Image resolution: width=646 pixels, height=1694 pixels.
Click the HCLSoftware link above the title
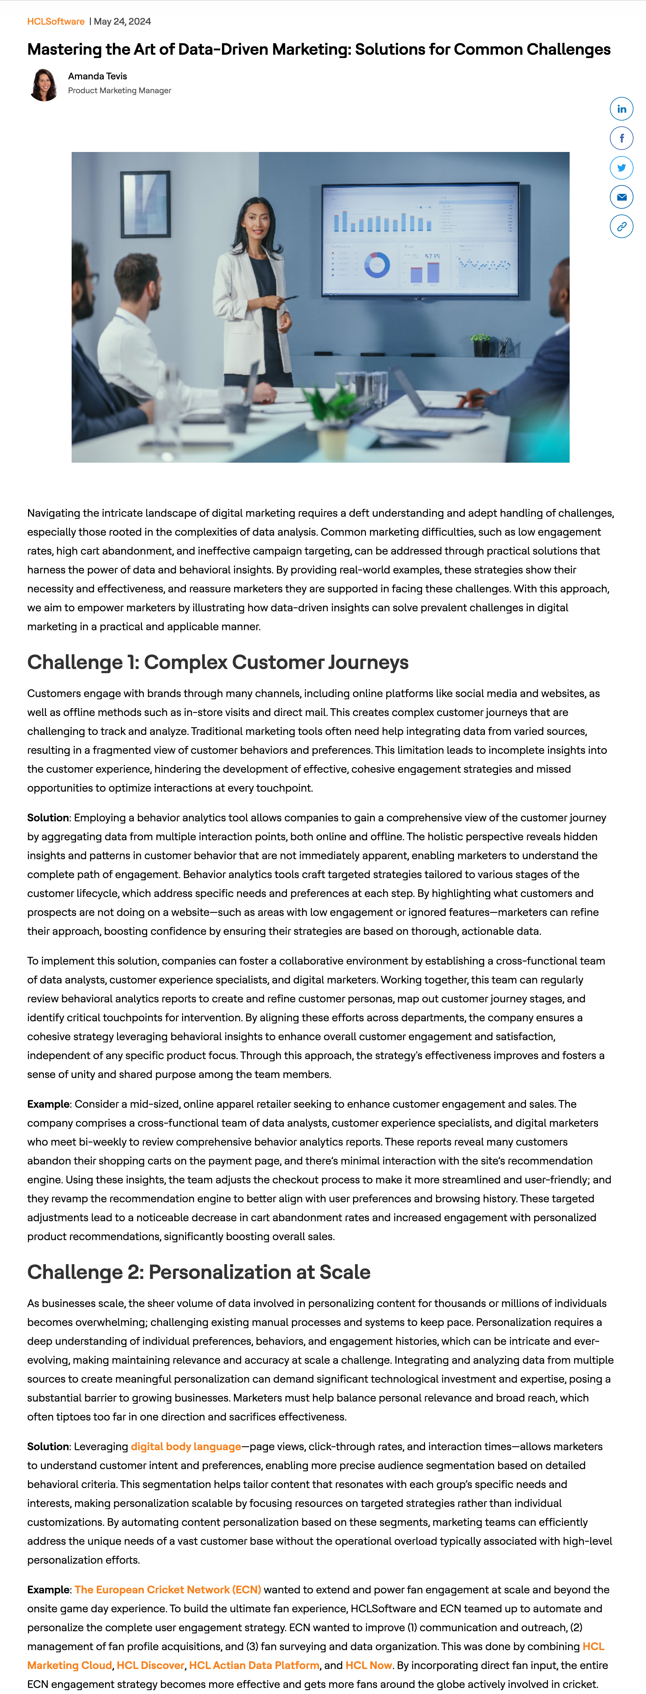coord(56,22)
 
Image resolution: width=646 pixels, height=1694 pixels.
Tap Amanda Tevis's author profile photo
coord(44,85)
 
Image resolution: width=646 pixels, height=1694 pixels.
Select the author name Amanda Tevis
coord(97,76)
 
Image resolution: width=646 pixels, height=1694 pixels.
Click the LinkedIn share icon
coord(621,109)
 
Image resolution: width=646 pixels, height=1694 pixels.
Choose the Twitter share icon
coord(621,168)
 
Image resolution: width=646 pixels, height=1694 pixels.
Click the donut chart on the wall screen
coord(377,264)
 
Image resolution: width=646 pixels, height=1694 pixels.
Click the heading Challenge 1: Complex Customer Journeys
coord(218,662)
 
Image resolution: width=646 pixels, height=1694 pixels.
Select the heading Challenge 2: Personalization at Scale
coord(199,1272)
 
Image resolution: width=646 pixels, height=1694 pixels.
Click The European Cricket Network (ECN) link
coord(168,1589)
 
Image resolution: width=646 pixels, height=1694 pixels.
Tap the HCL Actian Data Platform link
coord(254,1665)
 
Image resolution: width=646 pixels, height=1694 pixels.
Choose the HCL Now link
coord(368,1665)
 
